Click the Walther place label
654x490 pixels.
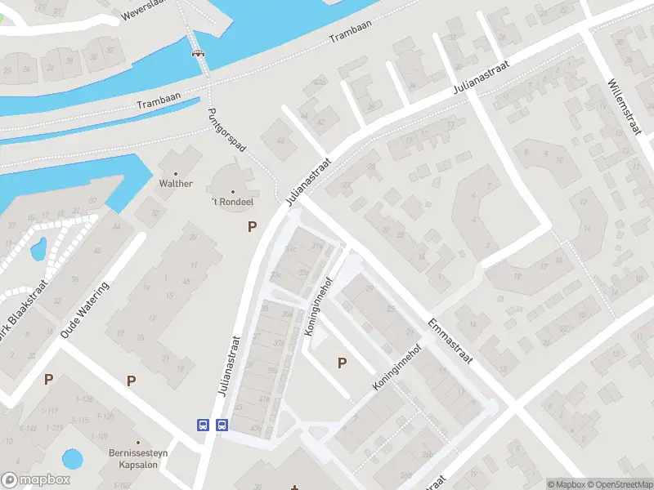[176, 184]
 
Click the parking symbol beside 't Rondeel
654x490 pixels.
[253, 227]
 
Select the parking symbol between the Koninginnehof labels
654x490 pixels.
[342, 363]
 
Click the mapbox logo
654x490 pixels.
[35, 480]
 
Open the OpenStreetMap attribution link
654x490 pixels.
[620, 484]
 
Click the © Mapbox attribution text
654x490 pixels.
[567, 484]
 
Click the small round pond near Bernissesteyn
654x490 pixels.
[72, 458]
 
